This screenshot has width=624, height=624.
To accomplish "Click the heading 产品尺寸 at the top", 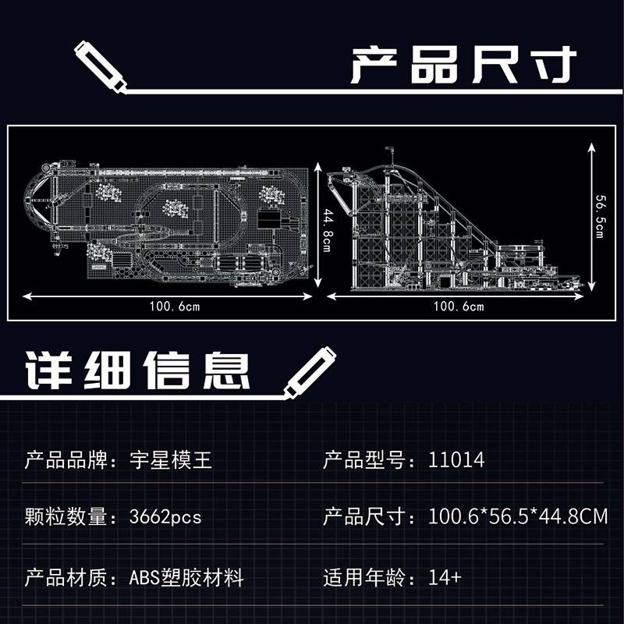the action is point(463,65).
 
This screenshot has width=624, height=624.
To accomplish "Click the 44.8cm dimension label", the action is point(327,229).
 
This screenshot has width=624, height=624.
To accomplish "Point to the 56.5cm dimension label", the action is point(600,216).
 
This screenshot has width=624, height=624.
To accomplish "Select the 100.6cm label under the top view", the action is point(174,307).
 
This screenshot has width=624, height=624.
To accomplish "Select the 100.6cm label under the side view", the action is point(459,307).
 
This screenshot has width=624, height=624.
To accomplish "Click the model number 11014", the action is point(456,460).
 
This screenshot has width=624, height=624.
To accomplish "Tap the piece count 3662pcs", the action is point(165,517).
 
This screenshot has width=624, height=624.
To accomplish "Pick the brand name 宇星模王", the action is point(171,460).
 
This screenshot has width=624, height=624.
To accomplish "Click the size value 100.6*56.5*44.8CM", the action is point(518,516).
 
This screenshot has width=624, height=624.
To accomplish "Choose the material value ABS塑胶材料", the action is point(186,578).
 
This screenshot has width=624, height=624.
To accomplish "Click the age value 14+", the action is point(445,577).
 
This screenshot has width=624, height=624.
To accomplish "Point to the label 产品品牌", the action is point(66,460).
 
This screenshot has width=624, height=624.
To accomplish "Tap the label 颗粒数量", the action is point(66,517).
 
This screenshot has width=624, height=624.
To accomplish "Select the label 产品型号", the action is point(364,460).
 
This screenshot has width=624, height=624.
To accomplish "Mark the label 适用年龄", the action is point(364,577).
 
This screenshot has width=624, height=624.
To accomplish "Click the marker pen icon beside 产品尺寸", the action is point(101,66).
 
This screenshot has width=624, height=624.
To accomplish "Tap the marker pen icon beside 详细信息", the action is point(310,373).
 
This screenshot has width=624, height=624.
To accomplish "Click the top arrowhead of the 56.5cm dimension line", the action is point(592,147).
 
